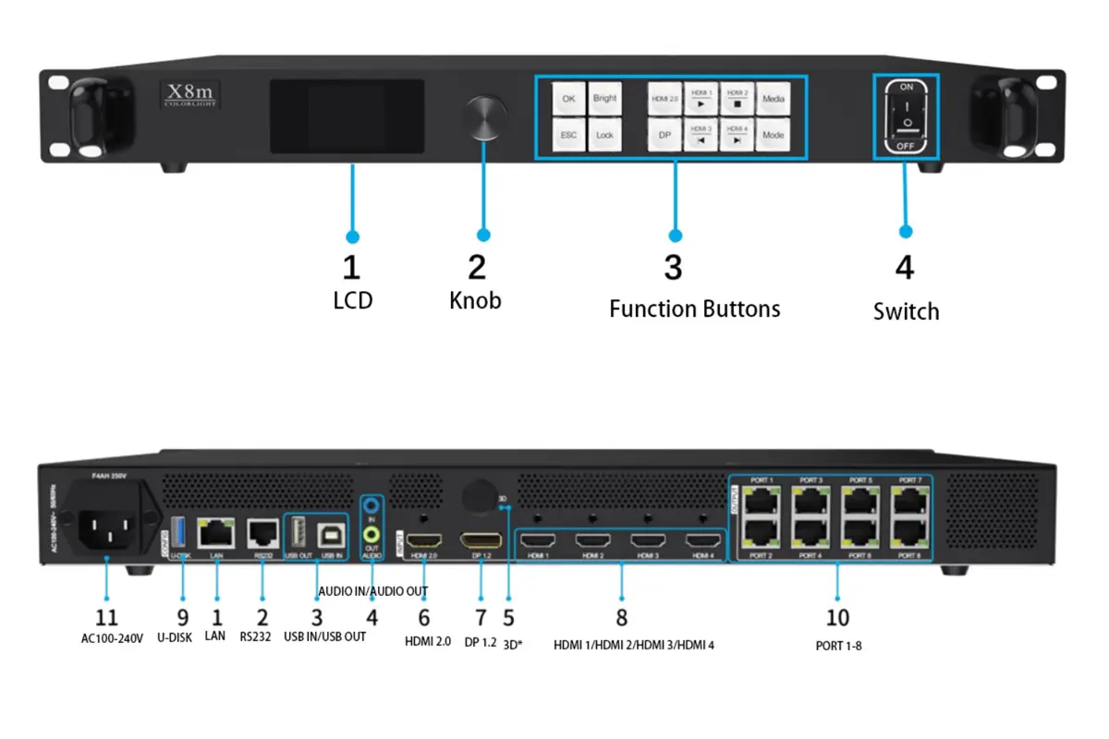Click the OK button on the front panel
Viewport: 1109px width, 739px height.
pyautogui.click(x=568, y=98)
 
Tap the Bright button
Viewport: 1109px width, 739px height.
pyautogui.click(x=604, y=98)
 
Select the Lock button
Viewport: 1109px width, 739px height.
pyautogui.click(x=604, y=135)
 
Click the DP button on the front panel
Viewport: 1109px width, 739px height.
pyautogui.click(x=664, y=135)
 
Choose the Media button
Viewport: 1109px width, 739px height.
pyautogui.click(x=773, y=98)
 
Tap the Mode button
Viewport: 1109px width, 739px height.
pyautogui.click(x=773, y=135)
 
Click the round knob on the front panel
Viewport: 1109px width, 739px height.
pyautogui.click(x=485, y=116)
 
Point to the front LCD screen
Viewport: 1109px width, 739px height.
pyautogui.click(x=347, y=116)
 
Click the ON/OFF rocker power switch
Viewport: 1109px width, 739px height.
pyautogui.click(x=906, y=116)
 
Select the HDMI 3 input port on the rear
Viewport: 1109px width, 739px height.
pyautogui.click(x=648, y=541)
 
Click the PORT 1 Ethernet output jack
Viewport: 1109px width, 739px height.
pyautogui.click(x=762, y=499)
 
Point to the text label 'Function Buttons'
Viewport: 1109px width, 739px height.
pyautogui.click(x=694, y=309)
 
